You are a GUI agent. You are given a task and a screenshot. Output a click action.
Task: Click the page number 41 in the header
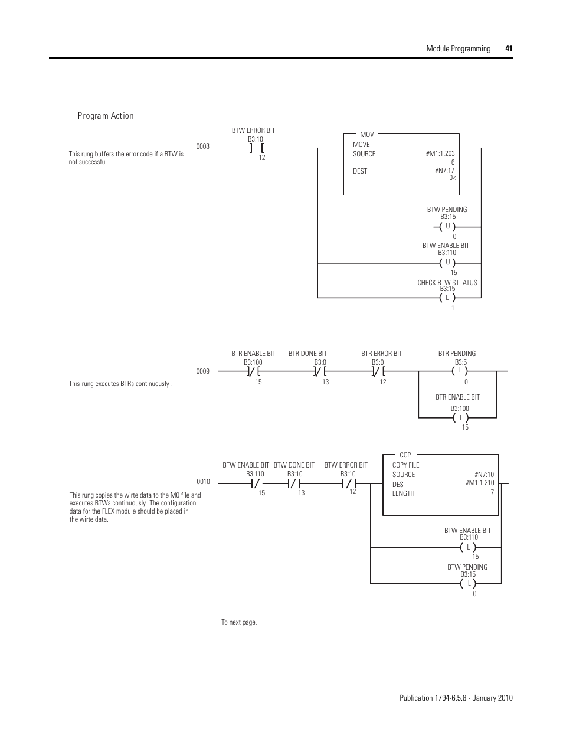(508, 49)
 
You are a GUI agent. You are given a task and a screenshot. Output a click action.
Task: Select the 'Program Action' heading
(106, 116)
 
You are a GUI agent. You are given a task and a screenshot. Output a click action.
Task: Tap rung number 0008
(202, 146)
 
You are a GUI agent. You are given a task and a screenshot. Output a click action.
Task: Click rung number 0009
(202, 371)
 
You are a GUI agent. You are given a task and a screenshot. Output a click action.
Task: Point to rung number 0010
(202, 482)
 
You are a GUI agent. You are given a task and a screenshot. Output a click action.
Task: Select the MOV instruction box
(401, 164)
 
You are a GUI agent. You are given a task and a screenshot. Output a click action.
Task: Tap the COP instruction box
(440, 485)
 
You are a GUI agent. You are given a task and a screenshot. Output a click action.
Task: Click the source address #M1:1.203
(440, 153)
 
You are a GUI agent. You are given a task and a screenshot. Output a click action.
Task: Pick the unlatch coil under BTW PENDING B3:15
(447, 227)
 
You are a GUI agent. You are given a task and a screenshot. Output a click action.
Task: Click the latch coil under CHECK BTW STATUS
(447, 298)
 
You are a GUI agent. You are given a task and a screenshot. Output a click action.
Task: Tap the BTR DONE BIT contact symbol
(320, 371)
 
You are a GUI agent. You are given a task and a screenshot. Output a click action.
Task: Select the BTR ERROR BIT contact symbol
(378, 371)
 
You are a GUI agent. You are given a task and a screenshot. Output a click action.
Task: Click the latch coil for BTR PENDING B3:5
(459, 371)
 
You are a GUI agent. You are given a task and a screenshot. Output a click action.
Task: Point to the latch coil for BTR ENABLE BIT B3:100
(461, 418)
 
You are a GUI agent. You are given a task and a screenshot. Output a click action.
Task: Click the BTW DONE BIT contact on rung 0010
(293, 484)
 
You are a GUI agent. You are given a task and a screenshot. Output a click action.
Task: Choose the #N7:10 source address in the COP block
(484, 475)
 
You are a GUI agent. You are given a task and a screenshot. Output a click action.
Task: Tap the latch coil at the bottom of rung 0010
(469, 584)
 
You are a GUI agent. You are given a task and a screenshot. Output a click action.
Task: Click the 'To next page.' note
(239, 622)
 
